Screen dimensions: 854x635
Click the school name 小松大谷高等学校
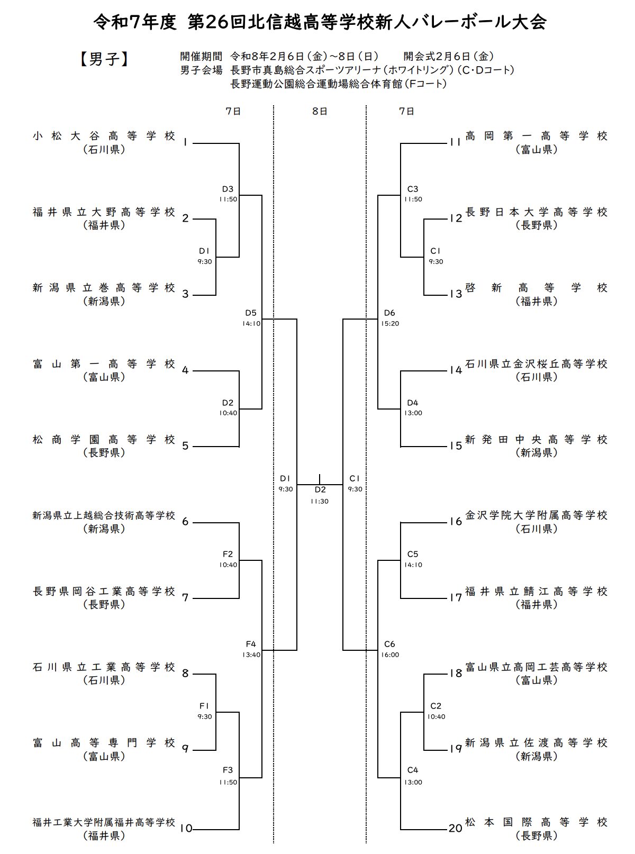[104, 137]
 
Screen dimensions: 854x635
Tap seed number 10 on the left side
[186, 829]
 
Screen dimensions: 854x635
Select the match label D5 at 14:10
[251, 313]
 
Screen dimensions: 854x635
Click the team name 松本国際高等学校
[537, 822]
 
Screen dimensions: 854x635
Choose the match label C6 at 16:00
[389, 644]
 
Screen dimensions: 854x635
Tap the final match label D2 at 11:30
[320, 490]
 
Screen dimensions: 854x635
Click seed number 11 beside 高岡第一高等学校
[455, 142]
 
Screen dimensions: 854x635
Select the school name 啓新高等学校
[537, 288]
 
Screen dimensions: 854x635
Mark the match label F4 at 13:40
[251, 644]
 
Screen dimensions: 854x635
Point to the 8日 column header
[320, 111]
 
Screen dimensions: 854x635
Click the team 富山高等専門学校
[104, 743]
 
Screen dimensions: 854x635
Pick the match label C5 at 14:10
[413, 555]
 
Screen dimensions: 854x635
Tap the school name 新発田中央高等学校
[537, 440]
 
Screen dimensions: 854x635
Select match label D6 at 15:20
[389, 313]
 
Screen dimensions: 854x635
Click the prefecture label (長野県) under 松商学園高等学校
[104, 453]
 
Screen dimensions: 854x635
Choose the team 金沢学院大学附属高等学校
[537, 515]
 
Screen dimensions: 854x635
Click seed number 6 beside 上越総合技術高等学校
[185, 522]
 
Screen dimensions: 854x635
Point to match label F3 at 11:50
[228, 770]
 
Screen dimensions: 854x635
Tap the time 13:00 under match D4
[413, 413]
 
